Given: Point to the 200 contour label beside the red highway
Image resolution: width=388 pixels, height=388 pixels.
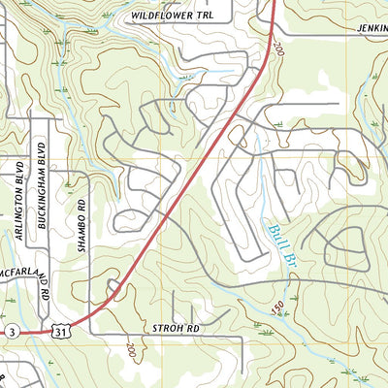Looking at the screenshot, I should [x=279, y=47].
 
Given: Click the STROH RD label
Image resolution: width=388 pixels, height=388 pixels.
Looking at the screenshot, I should [x=176, y=330].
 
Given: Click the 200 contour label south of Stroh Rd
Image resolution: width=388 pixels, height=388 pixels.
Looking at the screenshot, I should [x=132, y=347].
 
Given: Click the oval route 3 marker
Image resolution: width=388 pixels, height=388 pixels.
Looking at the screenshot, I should [x=9, y=332].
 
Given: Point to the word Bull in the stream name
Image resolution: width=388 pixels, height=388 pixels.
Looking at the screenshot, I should [x=273, y=231].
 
